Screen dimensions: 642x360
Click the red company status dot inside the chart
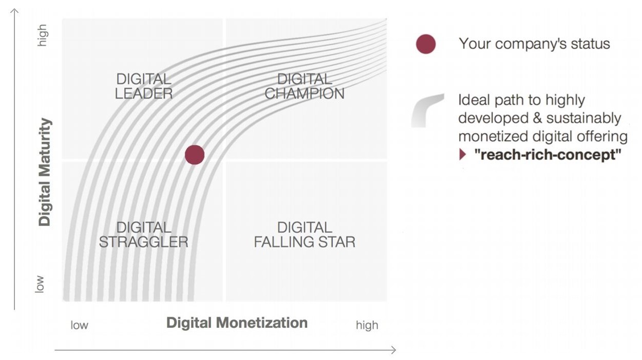195,155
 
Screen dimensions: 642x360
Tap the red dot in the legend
426,44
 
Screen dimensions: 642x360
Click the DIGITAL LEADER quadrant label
144,86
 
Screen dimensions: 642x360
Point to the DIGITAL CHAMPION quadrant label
305,86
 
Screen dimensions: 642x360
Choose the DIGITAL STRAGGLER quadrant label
144,235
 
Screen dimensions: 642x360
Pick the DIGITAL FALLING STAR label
305,235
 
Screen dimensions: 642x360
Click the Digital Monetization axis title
237,323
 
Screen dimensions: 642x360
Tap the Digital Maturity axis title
45,172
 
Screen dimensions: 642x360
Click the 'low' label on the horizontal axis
80,325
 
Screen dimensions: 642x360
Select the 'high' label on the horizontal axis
367,325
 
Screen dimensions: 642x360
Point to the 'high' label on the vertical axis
43,35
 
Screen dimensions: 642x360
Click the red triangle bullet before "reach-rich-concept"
462,154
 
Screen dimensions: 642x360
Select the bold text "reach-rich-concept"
547,155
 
